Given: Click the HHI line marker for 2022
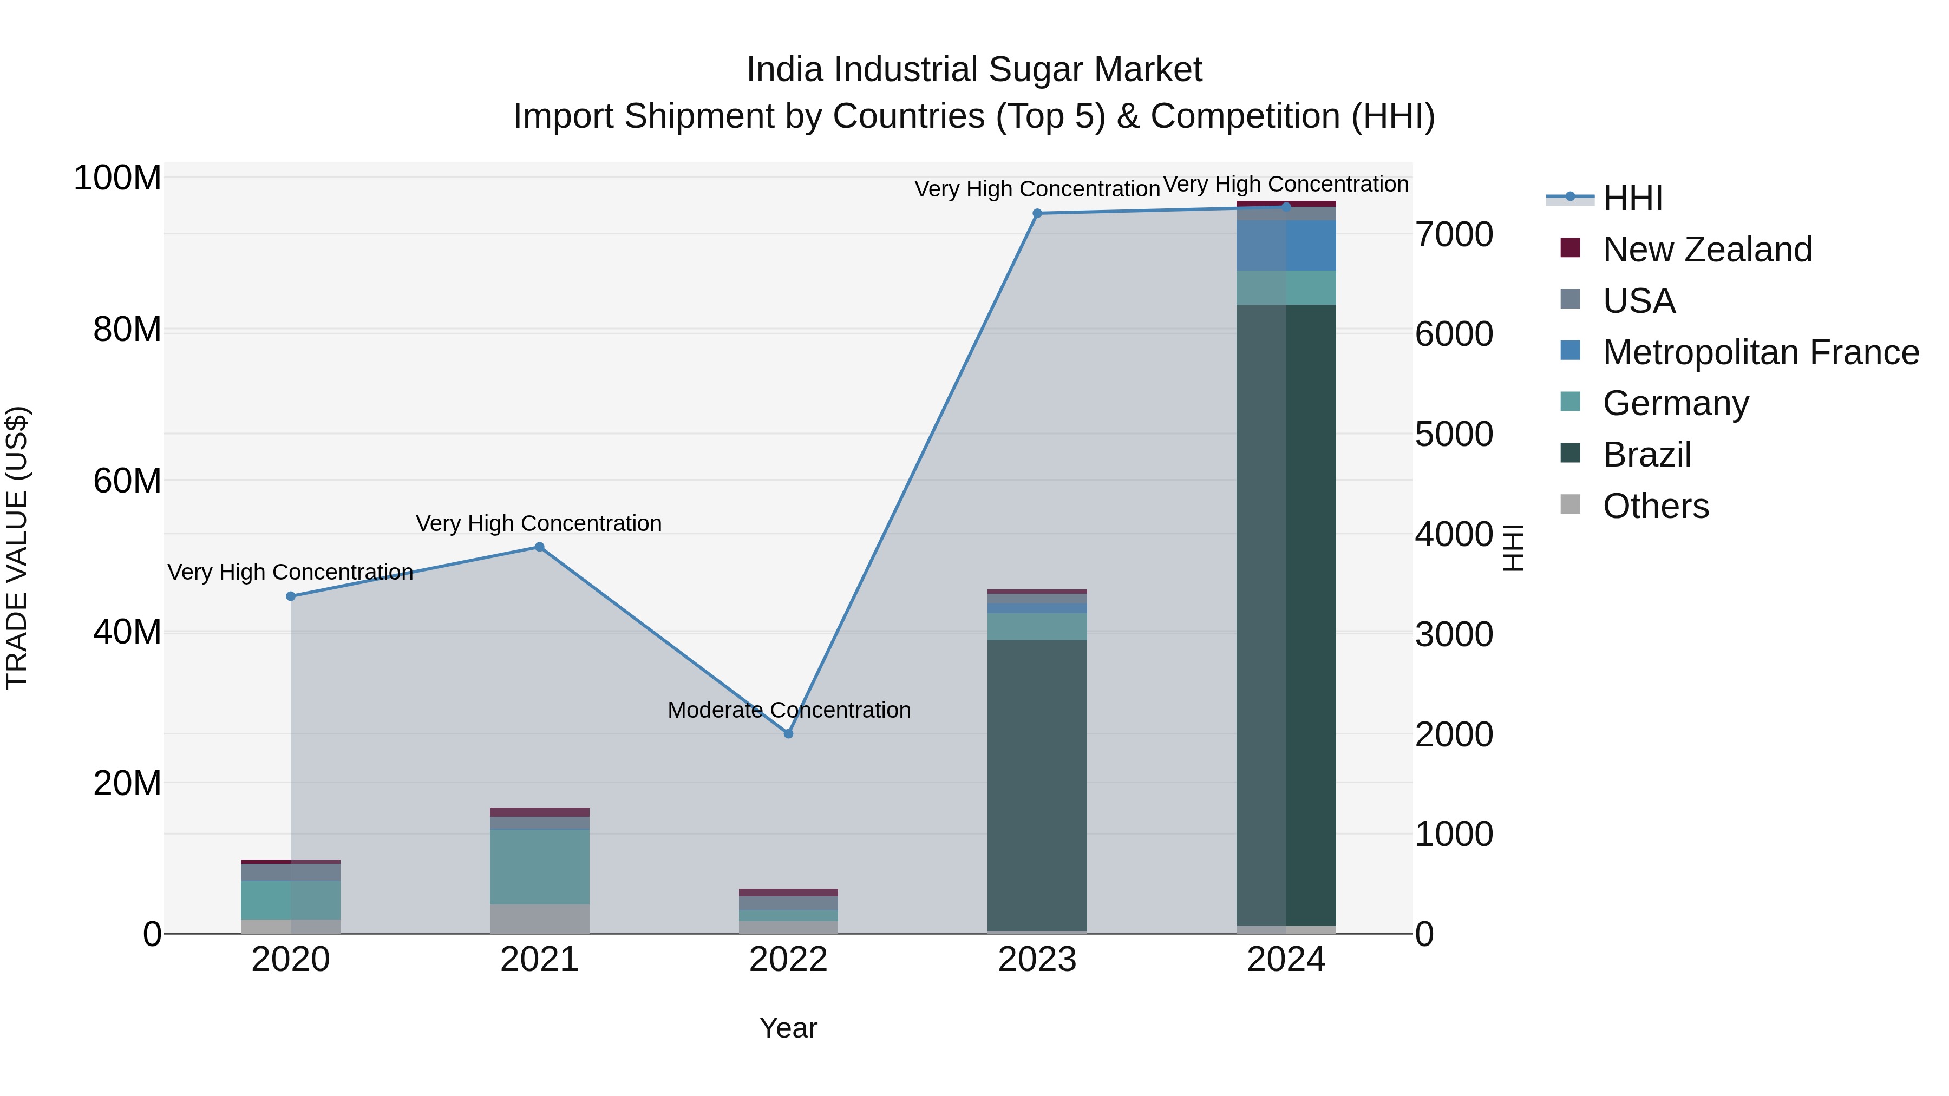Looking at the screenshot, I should coord(788,734).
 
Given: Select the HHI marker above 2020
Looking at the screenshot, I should coord(291,596).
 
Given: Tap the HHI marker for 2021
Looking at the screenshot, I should coord(539,547).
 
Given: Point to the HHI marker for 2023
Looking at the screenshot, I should coord(1037,213).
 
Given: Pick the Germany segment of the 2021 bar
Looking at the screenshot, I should coord(539,867).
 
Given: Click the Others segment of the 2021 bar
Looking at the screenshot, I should coord(539,919).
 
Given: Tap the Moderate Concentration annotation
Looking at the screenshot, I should coord(788,710).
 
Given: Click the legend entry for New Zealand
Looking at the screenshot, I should coord(1707,250).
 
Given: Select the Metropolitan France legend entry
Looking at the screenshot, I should coord(1761,352).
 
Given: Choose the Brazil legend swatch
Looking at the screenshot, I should coord(1570,454).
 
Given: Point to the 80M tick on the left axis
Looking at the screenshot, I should coord(127,330).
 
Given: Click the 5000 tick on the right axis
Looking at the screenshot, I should coord(1454,434).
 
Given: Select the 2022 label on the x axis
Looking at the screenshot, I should coord(788,960).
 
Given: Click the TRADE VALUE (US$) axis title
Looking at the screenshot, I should coord(17,548).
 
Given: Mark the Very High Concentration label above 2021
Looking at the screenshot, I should coord(539,523).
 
